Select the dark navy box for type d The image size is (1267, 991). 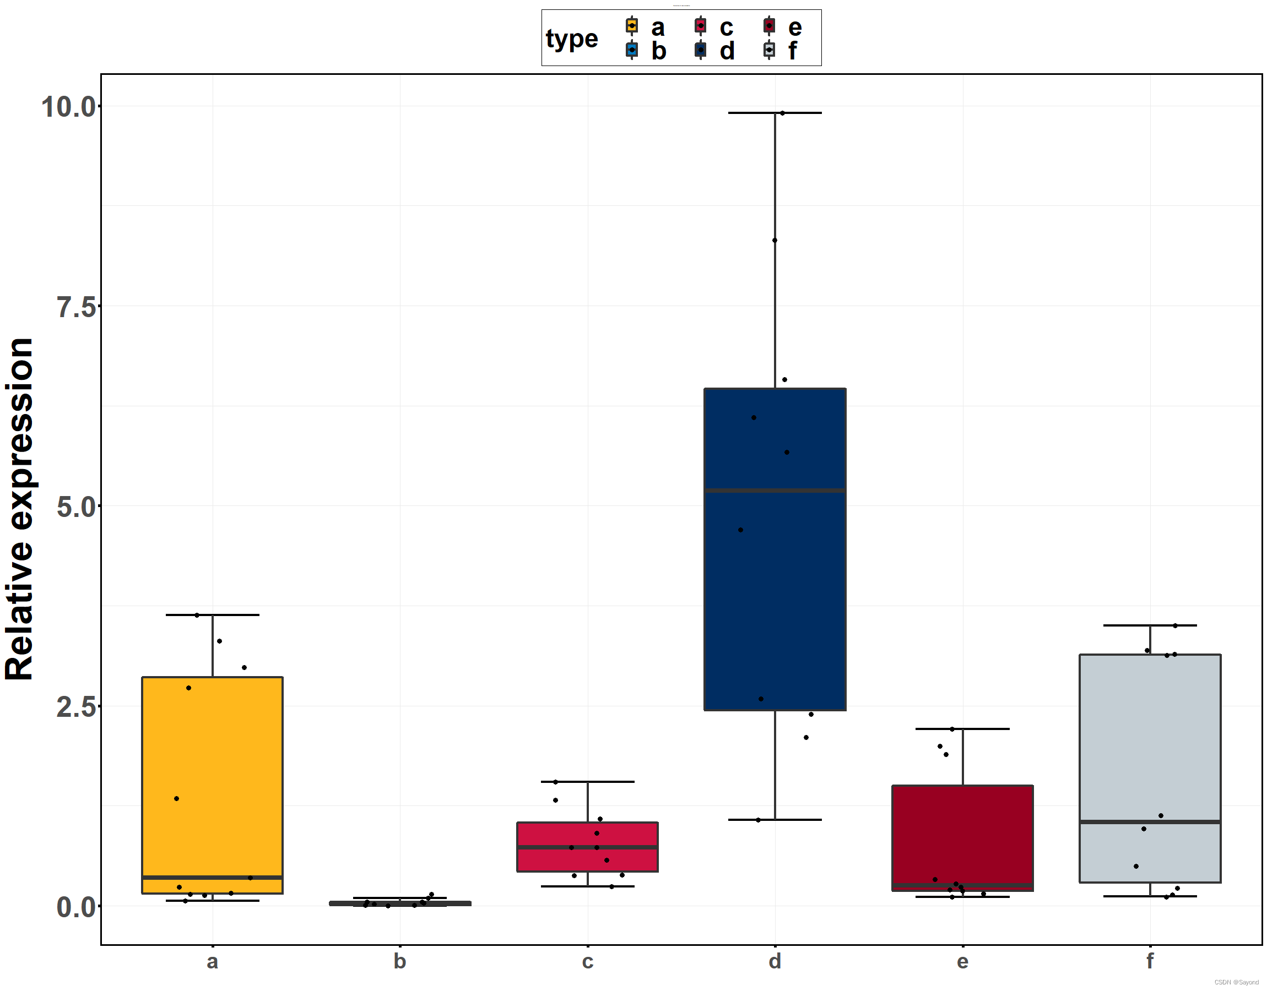click(x=775, y=580)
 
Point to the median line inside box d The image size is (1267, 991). click(x=775, y=491)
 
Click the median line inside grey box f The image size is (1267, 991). click(x=1150, y=821)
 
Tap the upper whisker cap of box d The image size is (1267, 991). click(x=775, y=112)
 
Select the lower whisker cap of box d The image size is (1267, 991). click(x=775, y=819)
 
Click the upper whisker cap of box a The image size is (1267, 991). click(x=213, y=614)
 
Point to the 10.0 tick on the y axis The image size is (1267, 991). click(x=68, y=107)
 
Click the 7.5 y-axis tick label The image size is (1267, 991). click(x=75, y=306)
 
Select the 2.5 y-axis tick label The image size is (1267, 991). click(x=75, y=707)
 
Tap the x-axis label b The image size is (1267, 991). click(x=400, y=961)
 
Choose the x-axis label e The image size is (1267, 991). click(x=962, y=961)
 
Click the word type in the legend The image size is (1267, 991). click(x=572, y=39)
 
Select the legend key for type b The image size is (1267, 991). click(x=631, y=50)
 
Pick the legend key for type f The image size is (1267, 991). click(x=769, y=50)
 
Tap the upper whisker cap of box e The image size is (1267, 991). click(x=962, y=728)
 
